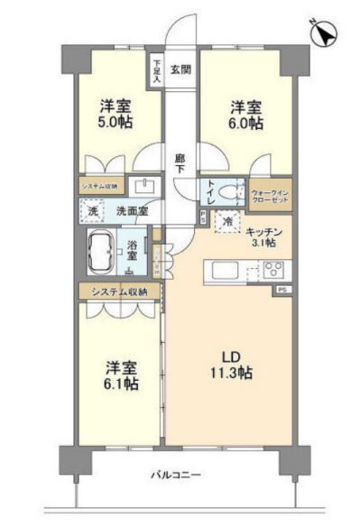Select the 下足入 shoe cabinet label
pos(157,70)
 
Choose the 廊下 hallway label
pos(180,162)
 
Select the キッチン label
pos(264,232)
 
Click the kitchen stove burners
pos(273,268)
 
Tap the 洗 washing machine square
pos(93,211)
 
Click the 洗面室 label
pos(132,211)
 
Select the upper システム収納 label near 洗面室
pos(99,187)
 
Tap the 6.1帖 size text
pos(120,384)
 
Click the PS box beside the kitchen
pos(280,291)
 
